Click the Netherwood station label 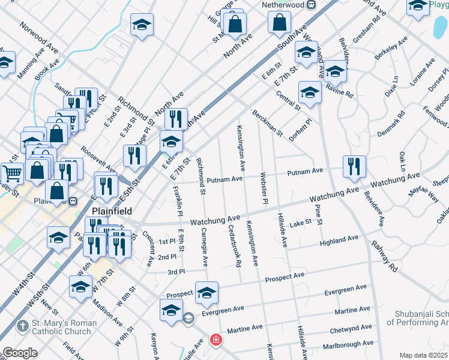coord(285,5)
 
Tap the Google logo coord(20,353)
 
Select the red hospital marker coord(215,341)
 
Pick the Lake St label coord(300,223)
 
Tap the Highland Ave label coord(339,240)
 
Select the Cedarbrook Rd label coord(234,246)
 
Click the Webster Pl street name coord(263,188)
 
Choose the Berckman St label coord(267,122)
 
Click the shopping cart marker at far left coord(12,174)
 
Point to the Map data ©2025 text coord(422,355)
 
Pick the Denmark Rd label coord(391,123)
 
